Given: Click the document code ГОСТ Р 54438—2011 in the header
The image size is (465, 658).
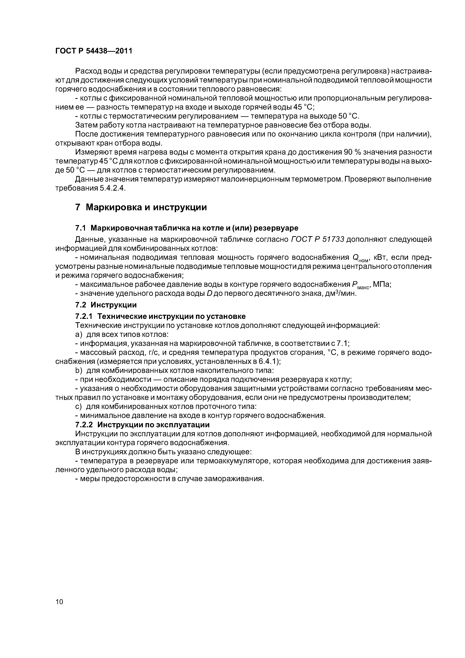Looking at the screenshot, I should click(94, 51).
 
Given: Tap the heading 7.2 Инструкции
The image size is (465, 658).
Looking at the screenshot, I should click(106, 305).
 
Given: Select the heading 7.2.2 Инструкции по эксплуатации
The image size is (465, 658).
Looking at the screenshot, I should click(142, 424).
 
